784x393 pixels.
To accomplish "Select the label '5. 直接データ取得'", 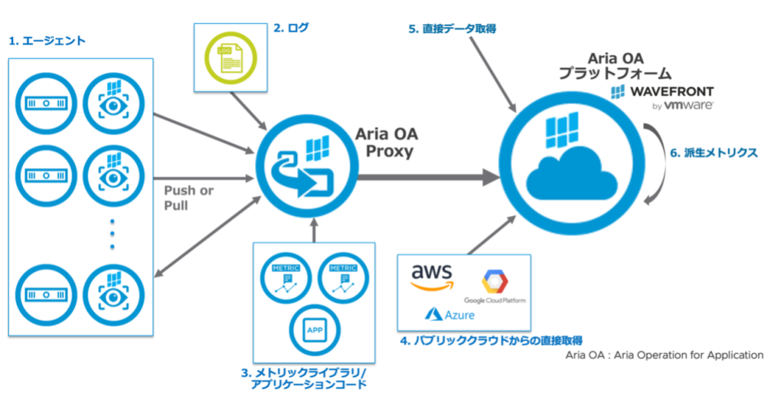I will [452, 28].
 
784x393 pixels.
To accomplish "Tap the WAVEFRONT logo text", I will [663, 92].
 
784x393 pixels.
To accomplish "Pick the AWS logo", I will [433, 277].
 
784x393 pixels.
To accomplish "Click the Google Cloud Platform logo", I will [494, 287].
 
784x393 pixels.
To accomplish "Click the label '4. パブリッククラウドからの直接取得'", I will [492, 339].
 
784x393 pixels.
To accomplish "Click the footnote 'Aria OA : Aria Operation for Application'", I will [664, 355].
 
